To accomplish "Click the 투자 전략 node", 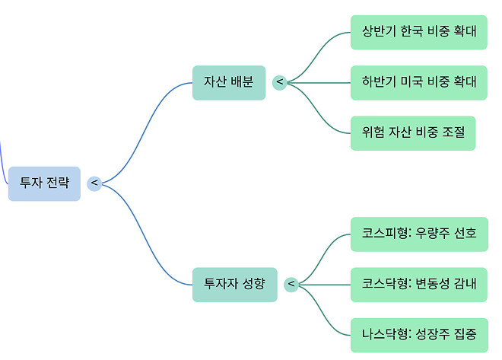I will click(44, 183).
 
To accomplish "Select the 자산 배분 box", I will click(229, 82).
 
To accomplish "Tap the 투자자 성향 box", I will click(234, 284).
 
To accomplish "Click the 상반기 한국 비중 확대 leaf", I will click(419, 32).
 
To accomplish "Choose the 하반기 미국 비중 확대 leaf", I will click(419, 82).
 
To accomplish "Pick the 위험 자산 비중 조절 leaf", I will click(413, 133).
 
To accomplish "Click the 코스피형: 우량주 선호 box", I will click(419, 234).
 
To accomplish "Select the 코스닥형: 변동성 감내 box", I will click(419, 284).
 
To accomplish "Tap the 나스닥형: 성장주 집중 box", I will click(419, 334).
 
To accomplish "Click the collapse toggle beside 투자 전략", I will click(94, 183).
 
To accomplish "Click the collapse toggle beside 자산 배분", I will click(279, 81).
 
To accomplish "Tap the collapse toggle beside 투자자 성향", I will click(291, 285).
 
